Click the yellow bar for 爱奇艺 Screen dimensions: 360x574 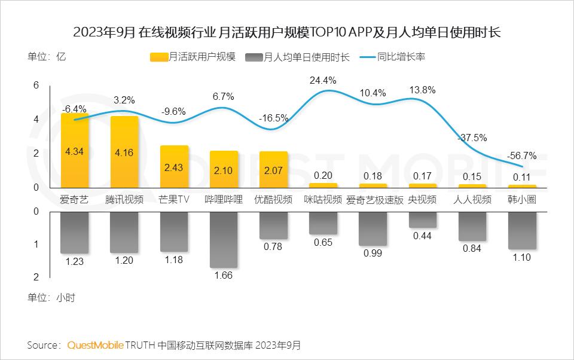[x=75, y=150]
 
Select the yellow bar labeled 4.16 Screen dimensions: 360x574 [x=124, y=152]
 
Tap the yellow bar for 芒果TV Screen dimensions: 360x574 [x=174, y=167]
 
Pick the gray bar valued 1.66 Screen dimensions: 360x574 [x=224, y=239]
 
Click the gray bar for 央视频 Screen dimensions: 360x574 [x=422, y=219]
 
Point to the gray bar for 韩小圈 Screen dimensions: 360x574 [x=522, y=230]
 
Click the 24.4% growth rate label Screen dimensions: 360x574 [x=323, y=80]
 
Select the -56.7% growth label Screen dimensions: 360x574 [x=521, y=155]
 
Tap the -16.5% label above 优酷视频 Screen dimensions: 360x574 [x=273, y=118]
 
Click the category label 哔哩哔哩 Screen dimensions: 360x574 [x=224, y=199]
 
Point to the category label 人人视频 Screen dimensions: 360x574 [x=472, y=199]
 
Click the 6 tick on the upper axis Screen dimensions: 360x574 [x=36, y=86]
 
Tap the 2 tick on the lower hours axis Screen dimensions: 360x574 [x=36, y=277]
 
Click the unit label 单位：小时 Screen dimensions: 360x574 [x=51, y=297]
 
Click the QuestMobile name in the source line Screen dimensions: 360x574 [x=96, y=345]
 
